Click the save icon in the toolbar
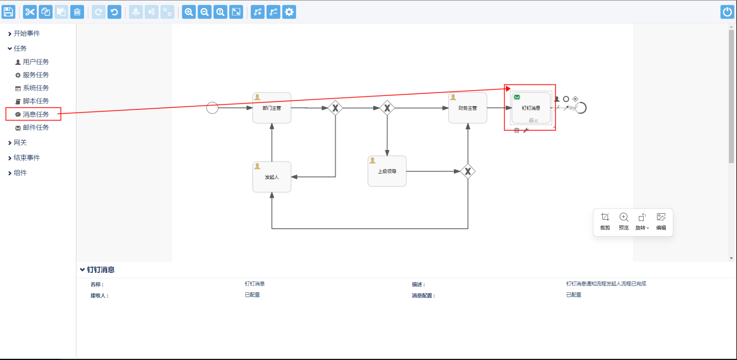9,12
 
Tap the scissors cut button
30,12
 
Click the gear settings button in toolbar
289,12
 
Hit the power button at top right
727,12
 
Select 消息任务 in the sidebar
36,114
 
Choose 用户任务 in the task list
36,62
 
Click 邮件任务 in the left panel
36,128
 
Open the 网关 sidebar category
20,143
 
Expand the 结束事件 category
26,158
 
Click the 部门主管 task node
272,108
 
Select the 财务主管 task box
468,108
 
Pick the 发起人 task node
272,177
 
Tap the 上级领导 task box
387,171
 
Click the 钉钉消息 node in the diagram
531,108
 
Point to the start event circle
212,108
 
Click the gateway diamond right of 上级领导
468,171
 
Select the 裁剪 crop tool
605,221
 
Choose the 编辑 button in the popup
661,221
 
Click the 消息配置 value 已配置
574,295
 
